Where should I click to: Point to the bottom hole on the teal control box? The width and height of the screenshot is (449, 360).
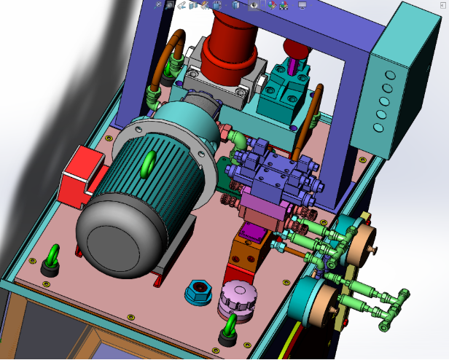coord(378,128)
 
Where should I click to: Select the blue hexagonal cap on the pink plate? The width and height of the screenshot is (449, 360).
coord(199,293)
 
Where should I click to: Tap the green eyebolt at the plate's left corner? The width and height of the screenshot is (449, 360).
coord(52,258)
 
